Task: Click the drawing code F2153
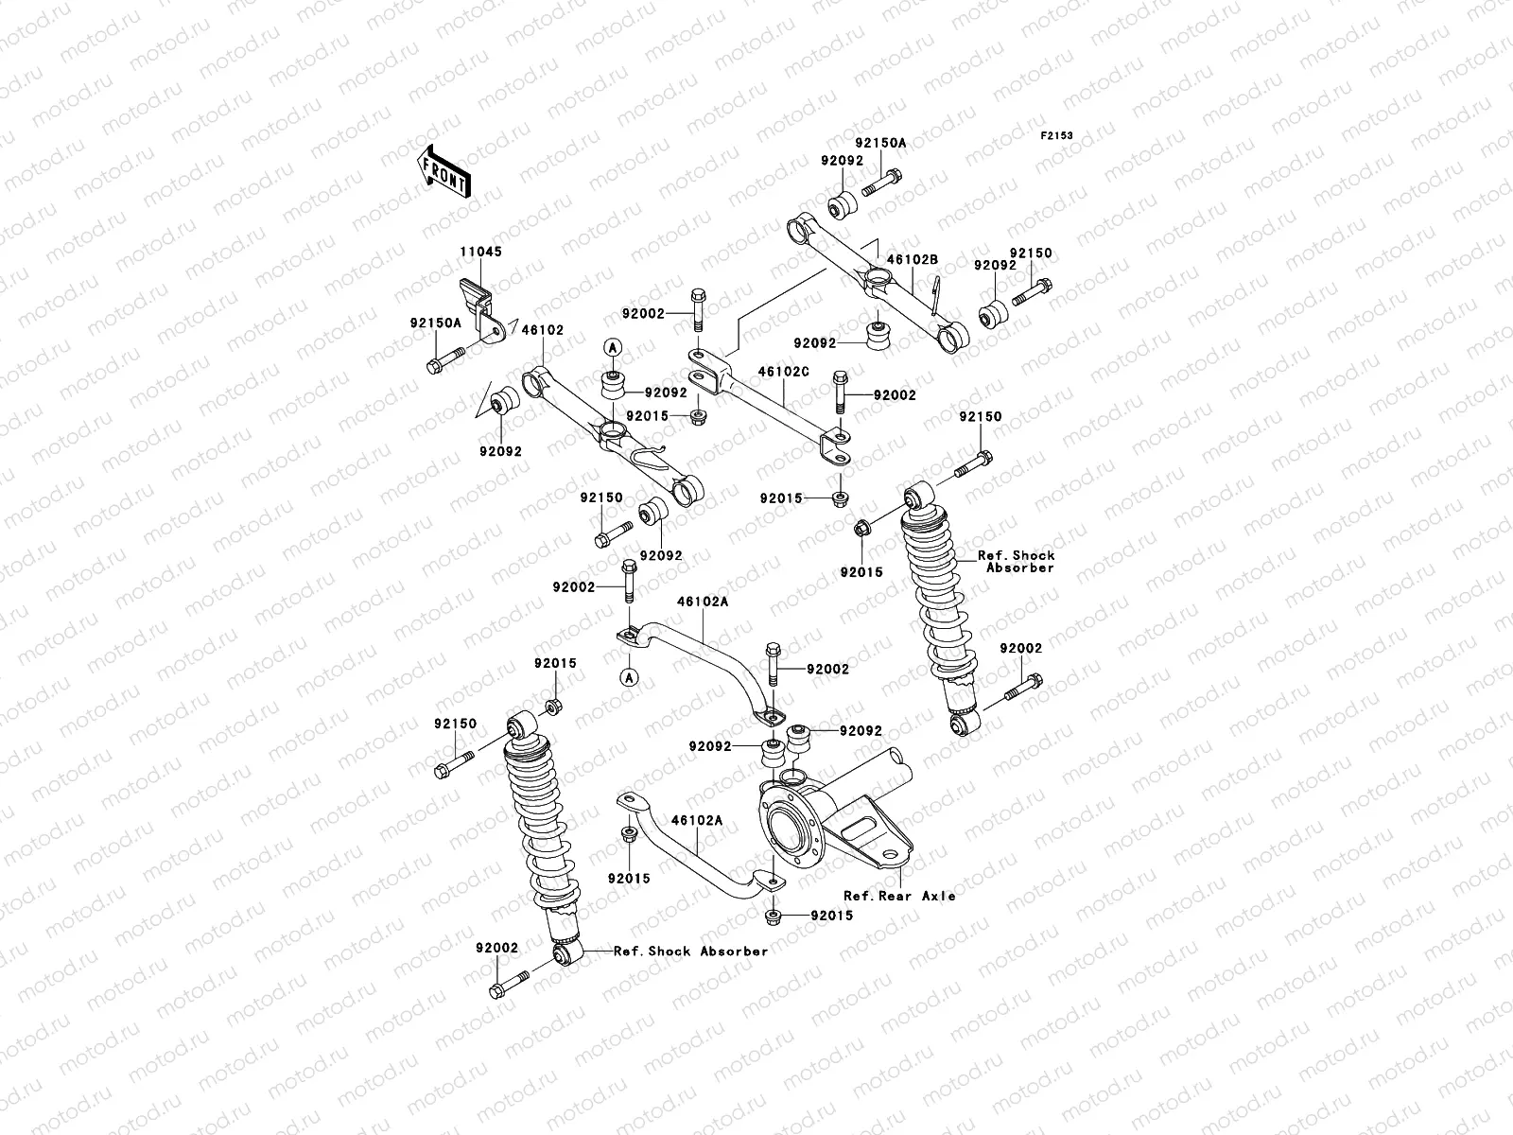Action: coord(1057,136)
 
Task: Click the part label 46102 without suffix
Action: coord(543,331)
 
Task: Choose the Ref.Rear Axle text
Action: coord(899,895)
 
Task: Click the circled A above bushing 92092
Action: coord(612,347)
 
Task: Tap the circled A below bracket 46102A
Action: coord(626,676)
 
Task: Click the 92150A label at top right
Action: coord(880,143)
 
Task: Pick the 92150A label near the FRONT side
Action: coord(435,323)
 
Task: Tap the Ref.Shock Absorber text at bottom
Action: coord(690,951)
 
